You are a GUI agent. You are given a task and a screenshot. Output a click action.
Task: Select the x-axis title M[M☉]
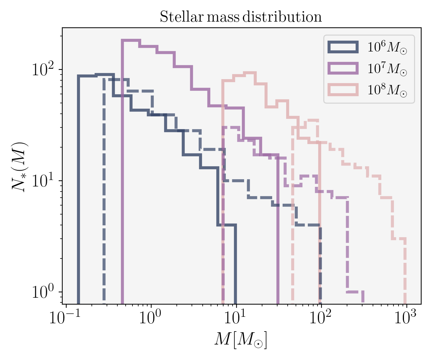[241, 340]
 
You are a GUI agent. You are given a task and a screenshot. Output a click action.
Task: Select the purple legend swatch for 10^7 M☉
[343, 68]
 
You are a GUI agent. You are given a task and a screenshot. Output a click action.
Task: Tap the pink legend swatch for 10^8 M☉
[343, 90]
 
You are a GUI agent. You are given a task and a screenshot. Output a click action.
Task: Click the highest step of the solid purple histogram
[131, 40]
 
